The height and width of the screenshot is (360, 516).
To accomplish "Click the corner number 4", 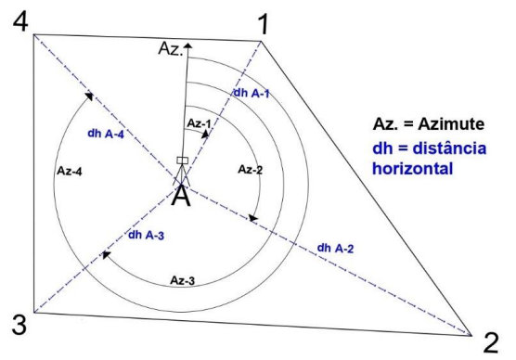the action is point(20,21).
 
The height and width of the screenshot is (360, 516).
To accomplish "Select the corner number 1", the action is point(264,25).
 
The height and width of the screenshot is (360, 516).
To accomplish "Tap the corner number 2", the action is point(491,343).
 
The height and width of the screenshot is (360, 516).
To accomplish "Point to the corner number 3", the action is point(19,325).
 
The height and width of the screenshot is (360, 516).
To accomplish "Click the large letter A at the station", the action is point(181,196).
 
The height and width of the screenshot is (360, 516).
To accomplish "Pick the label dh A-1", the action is point(252,94).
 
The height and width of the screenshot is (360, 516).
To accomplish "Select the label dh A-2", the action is point(335,248).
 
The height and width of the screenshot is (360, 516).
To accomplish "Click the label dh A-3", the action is point(146,235).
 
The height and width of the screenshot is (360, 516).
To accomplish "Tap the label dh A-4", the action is point(106,134).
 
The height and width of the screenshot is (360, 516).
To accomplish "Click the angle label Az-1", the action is point(199,123).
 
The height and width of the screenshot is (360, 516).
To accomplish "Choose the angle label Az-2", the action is point(250,170).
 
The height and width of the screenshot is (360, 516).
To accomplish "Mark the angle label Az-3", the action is point(182,280).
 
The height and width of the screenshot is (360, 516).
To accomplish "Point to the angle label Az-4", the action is point(70,171).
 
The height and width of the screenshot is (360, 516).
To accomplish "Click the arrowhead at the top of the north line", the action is point(187,45).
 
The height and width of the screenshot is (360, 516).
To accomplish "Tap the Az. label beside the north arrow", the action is point(170,48).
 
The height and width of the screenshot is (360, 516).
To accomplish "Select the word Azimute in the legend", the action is point(451,124).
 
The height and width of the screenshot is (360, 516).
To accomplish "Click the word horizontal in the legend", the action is point(412,168).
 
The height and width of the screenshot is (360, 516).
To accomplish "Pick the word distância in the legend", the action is point(449,148).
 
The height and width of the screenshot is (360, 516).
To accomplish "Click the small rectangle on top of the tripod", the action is point(182,161).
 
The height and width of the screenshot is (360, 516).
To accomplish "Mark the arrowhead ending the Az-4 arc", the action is point(88,96).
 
